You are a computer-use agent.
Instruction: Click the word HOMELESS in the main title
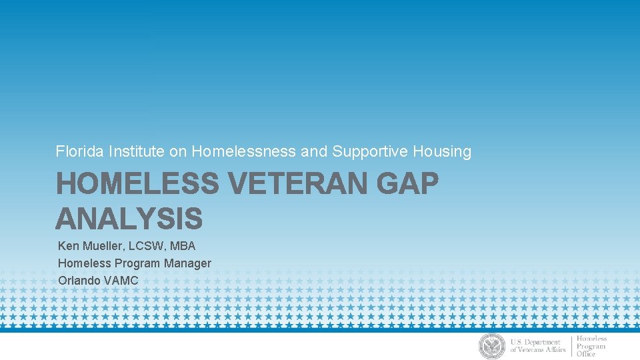pos(137,184)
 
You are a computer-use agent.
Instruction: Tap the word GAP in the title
pos(407,184)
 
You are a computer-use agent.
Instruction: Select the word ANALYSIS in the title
pos(129,218)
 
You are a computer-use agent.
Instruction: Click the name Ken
pos(68,246)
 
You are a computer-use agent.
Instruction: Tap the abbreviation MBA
pos(183,246)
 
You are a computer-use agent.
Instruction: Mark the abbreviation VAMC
pos(121,280)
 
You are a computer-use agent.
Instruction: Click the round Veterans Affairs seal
pos(492,346)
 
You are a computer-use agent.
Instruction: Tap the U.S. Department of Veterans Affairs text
pos(537,346)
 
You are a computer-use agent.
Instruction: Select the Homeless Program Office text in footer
pos(591,346)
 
